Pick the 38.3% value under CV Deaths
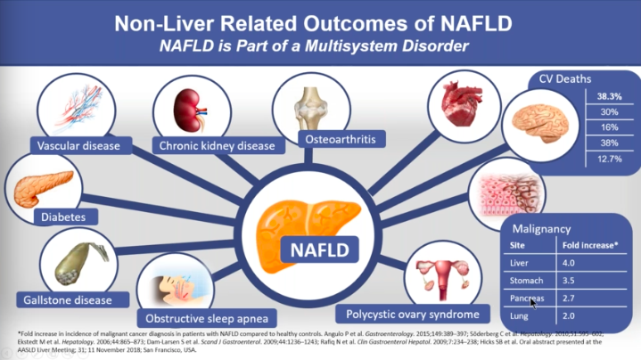coord(609,95)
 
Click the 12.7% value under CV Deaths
coord(609,160)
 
